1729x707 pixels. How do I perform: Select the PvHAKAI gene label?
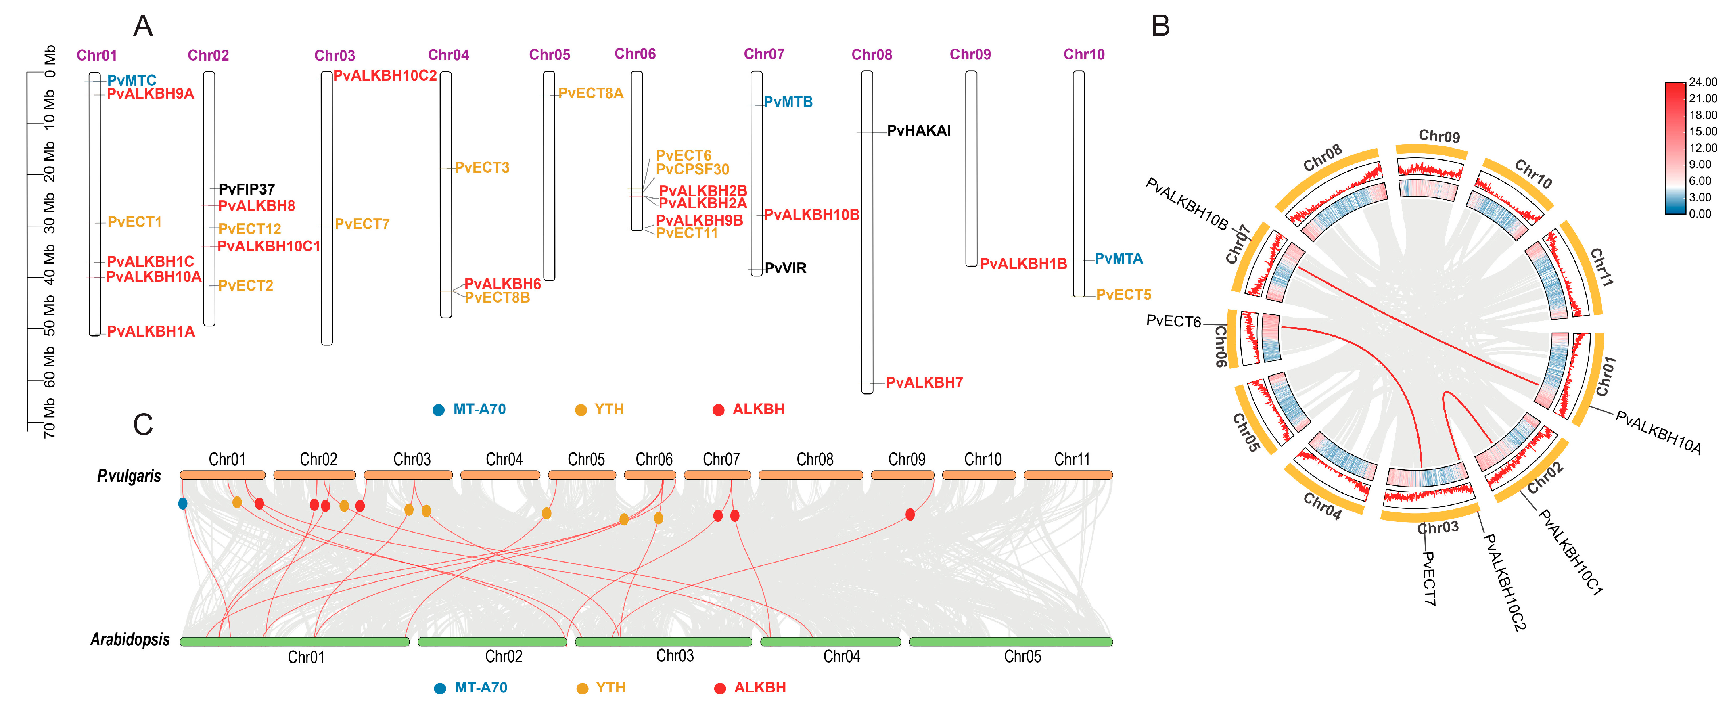tap(918, 130)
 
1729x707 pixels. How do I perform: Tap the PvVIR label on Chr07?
tap(785, 268)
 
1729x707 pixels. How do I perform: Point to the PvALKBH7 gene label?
tap(924, 383)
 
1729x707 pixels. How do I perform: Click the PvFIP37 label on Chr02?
tap(246, 189)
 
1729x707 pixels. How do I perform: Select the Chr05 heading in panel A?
tap(549, 54)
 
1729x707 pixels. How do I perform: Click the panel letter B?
tap(1160, 26)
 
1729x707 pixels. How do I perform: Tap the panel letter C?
tap(143, 425)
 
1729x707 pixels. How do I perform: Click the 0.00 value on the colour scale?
tap(1700, 213)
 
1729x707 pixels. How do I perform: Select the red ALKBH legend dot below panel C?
tap(719, 688)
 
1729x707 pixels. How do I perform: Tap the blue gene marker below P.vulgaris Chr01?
tap(182, 503)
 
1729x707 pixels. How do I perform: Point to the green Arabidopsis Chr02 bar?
tap(491, 642)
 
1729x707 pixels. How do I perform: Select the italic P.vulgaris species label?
tap(129, 476)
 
